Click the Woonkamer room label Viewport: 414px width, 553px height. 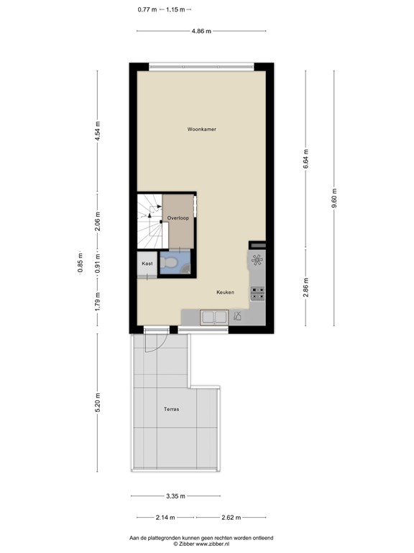(x=201, y=130)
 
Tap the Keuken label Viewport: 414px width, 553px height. (x=226, y=292)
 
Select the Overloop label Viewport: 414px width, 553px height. (x=178, y=217)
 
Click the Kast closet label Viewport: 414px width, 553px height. (x=147, y=264)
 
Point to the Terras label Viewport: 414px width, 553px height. (x=171, y=409)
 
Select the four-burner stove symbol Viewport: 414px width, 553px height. (x=257, y=293)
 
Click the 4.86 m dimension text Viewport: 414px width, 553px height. (x=201, y=31)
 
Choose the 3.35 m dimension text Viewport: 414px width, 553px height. (x=175, y=496)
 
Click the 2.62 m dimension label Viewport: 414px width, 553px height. (x=231, y=517)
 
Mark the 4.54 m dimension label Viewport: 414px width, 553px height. (x=98, y=131)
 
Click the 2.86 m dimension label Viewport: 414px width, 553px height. (x=305, y=287)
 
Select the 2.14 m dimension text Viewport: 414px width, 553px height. (x=165, y=517)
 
